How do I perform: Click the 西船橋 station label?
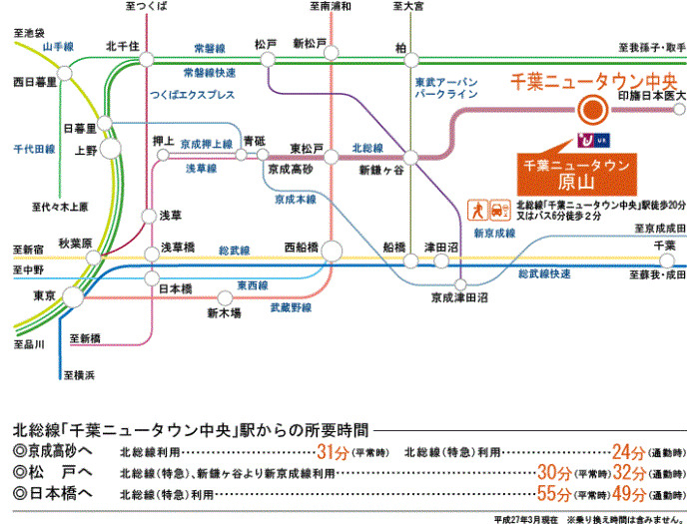click(302, 245)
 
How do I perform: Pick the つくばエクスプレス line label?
click(192, 95)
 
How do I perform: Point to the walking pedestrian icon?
click(479, 210)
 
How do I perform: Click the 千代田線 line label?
click(34, 149)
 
